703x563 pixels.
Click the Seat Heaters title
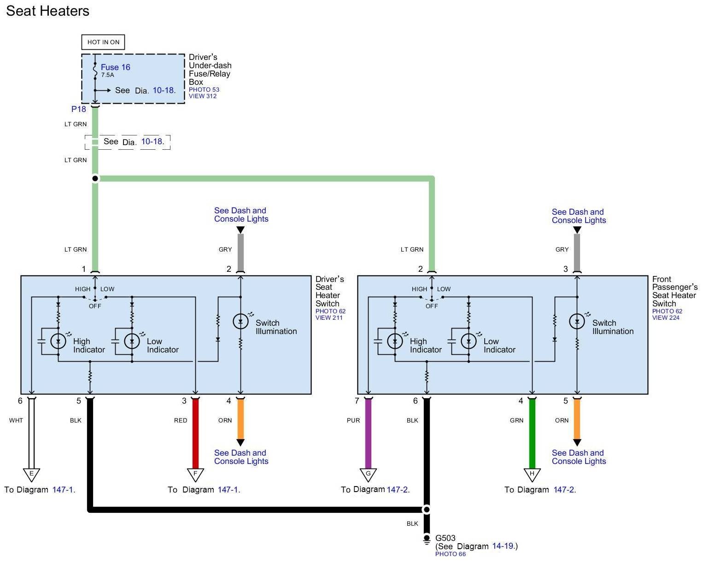pyautogui.click(x=47, y=11)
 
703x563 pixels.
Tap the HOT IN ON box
pyautogui.click(x=103, y=42)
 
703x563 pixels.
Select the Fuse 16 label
pyautogui.click(x=115, y=67)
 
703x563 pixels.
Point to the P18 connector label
pyautogui.click(x=78, y=109)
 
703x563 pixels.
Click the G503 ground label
pyautogui.click(x=445, y=538)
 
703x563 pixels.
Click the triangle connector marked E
pyautogui.click(x=31, y=474)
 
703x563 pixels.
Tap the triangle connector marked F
pyautogui.click(x=195, y=474)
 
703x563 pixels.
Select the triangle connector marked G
pyautogui.click(x=368, y=474)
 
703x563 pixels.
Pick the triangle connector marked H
pyautogui.click(x=532, y=474)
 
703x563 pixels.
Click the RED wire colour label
pyautogui.click(x=181, y=420)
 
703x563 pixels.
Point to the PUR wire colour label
pyautogui.click(x=353, y=420)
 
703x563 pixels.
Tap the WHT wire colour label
pyautogui.click(x=16, y=420)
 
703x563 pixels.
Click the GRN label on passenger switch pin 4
pyautogui.click(x=517, y=420)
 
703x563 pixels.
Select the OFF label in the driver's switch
pyautogui.click(x=95, y=306)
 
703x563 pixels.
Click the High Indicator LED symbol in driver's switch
pyautogui.click(x=58, y=341)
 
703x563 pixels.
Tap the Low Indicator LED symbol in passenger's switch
pyautogui.click(x=469, y=341)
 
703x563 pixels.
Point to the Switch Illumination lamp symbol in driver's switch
pyautogui.click(x=240, y=321)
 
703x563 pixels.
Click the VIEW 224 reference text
pyautogui.click(x=666, y=317)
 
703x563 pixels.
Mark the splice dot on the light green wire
pyautogui.click(x=95, y=178)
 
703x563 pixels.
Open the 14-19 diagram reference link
pyautogui.click(x=503, y=546)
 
